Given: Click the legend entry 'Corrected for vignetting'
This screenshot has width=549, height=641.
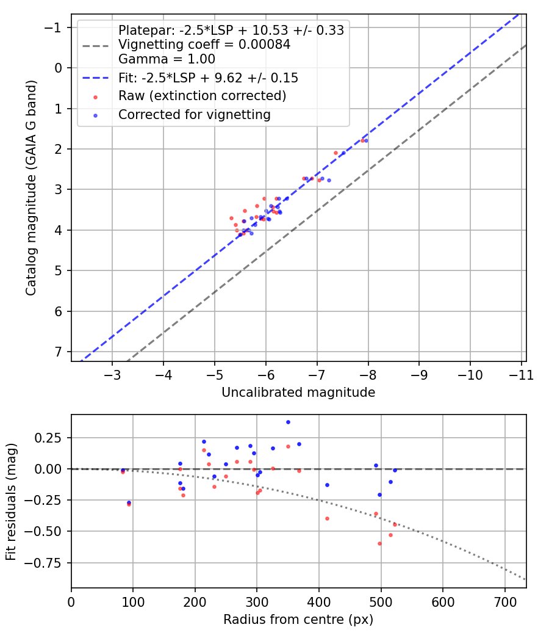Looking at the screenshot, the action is (195, 115).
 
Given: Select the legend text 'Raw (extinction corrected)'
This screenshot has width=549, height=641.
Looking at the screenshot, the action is (202, 96).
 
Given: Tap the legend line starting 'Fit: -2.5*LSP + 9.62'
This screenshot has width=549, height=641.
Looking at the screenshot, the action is (209, 78).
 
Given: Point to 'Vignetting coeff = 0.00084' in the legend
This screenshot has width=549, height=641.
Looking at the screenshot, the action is (204, 45).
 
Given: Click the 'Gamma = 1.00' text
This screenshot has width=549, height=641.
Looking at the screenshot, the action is (167, 59).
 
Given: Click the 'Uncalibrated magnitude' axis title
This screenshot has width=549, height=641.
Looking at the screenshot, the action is (298, 393).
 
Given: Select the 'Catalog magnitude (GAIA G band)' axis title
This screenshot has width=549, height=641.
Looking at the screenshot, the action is (31, 187).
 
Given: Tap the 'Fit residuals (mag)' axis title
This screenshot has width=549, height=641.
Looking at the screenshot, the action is (11, 502).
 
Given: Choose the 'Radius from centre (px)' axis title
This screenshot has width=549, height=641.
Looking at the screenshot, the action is (298, 620).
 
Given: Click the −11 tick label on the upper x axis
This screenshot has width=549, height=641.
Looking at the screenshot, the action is (521, 375).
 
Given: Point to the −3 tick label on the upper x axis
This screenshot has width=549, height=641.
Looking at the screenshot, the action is (112, 375).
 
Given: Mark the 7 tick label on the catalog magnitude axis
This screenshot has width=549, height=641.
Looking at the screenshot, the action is (58, 352).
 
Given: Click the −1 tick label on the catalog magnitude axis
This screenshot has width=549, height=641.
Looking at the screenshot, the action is (52, 27).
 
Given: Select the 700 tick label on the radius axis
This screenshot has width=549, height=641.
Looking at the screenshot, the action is (505, 602).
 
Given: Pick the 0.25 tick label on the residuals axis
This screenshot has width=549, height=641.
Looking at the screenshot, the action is (48, 438).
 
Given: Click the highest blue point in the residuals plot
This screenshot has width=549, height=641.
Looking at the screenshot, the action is (288, 422).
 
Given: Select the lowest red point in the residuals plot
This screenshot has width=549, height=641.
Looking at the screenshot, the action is (379, 544).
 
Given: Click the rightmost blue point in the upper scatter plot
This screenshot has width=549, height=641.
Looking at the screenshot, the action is (366, 140).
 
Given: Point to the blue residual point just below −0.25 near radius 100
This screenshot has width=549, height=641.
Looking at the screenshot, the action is (129, 503).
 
